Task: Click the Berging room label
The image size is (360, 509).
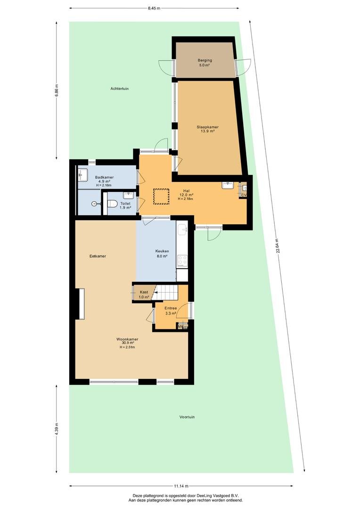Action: (x=205, y=60)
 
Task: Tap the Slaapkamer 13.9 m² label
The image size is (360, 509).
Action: (x=207, y=129)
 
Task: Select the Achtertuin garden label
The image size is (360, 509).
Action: (x=120, y=88)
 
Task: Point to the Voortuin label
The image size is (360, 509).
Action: (x=187, y=417)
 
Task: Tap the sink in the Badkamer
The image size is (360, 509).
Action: (x=82, y=175)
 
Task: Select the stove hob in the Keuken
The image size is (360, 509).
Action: (x=182, y=261)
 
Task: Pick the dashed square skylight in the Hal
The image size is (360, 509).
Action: (x=161, y=197)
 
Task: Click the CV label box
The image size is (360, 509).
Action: (x=244, y=195)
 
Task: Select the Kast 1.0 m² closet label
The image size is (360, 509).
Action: (x=144, y=295)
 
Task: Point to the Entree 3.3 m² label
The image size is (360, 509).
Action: (x=171, y=311)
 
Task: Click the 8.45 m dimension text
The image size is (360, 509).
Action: (x=154, y=8)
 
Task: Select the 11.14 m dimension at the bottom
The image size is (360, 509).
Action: (x=181, y=486)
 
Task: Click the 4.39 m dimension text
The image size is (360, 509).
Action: (x=57, y=429)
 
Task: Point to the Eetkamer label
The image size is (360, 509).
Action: (x=98, y=256)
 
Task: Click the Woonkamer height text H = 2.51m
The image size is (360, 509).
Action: (x=127, y=347)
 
